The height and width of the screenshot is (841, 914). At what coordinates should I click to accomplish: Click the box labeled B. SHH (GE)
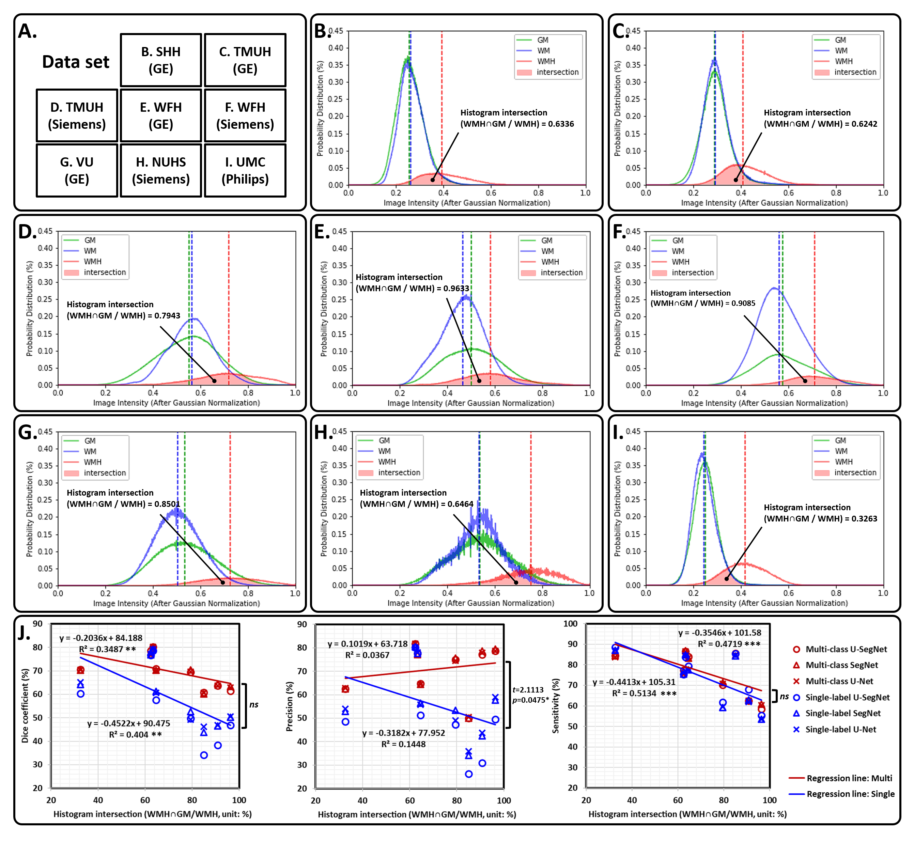click(x=161, y=60)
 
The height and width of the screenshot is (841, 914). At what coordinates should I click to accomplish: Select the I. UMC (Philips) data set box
click(x=245, y=171)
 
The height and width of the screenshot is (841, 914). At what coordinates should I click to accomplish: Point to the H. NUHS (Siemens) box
click(x=161, y=171)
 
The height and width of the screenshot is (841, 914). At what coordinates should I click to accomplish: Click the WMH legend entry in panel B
click(x=546, y=61)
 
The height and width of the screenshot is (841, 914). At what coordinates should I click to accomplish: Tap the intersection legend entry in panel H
click(x=399, y=472)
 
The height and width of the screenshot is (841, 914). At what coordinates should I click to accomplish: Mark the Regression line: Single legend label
click(x=850, y=794)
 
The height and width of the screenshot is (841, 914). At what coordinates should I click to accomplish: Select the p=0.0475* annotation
click(x=531, y=700)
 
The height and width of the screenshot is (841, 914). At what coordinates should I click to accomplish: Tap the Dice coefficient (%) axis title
click(x=25, y=705)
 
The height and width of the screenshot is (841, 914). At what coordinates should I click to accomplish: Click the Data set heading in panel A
click(x=76, y=62)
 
